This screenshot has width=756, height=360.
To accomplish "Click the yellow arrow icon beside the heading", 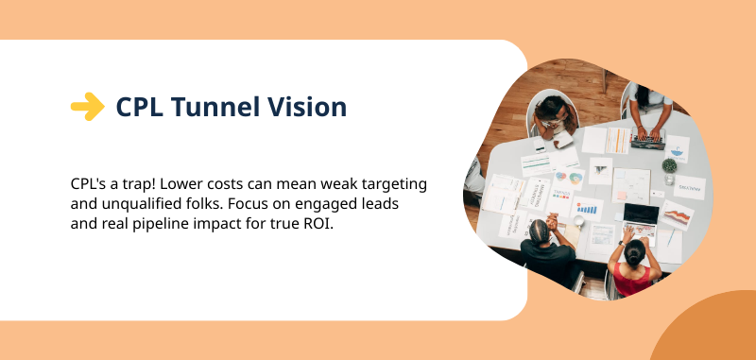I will click(87, 107).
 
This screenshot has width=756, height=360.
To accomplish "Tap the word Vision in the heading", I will click(304, 107).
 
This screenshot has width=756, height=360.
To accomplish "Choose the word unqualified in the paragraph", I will click(141, 203).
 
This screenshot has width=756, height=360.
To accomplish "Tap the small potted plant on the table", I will click(669, 169).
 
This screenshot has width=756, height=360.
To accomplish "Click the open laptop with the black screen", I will click(640, 214).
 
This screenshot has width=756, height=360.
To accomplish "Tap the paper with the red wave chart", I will click(678, 217).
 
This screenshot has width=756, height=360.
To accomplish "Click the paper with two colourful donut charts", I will click(568, 176).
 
